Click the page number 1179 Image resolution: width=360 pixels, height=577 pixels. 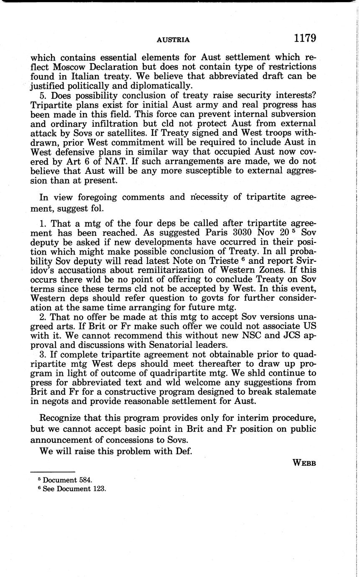coord(304,38)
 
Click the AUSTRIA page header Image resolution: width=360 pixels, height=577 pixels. coord(173,40)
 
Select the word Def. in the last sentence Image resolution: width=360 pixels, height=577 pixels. coord(183,452)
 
